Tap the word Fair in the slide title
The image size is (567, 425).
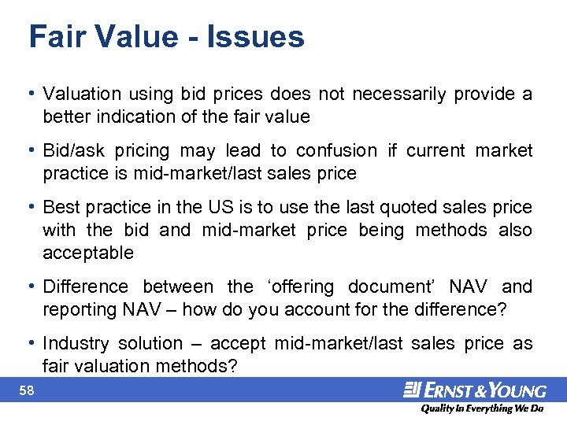click(x=57, y=37)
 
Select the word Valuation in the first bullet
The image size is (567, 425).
click(x=82, y=94)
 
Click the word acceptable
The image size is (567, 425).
click(x=88, y=253)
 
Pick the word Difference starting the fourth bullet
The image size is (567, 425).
click(x=85, y=286)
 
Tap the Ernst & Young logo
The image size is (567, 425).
click(x=475, y=390)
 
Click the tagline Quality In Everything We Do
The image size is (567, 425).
click(x=481, y=408)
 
